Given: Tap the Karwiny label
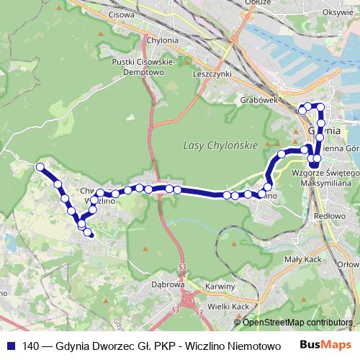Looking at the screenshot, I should [x=220, y=286].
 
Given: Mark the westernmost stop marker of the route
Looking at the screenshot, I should [x=40, y=167].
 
